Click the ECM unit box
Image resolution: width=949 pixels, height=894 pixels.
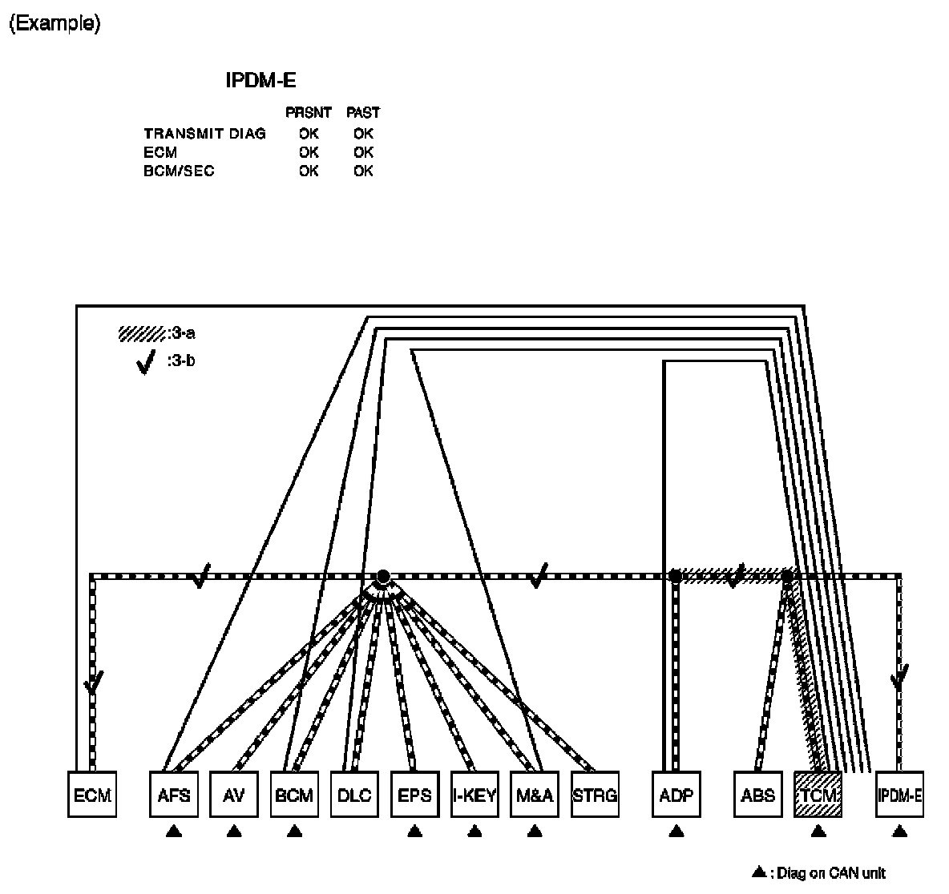[92, 795]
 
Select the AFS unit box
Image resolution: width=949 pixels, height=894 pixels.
[174, 795]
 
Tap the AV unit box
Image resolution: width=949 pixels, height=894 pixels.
[234, 795]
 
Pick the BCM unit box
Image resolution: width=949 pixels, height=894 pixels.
[294, 795]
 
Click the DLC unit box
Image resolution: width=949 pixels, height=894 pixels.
[354, 795]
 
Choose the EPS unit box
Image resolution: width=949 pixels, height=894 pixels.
[414, 795]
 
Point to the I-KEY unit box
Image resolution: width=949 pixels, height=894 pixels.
[474, 795]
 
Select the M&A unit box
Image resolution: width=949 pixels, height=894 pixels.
[535, 795]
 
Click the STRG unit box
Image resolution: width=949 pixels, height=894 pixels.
[595, 795]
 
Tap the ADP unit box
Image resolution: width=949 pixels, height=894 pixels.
[676, 795]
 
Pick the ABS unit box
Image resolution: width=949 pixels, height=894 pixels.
[758, 795]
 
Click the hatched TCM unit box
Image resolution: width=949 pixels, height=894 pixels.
[818, 795]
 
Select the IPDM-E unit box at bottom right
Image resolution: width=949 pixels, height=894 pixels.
[899, 795]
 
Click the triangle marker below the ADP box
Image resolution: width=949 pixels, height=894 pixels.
[676, 832]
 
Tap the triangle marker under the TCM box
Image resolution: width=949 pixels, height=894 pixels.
[818, 832]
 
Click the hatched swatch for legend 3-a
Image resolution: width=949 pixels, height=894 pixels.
[142, 333]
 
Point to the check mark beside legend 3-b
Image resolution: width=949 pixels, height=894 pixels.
[146, 364]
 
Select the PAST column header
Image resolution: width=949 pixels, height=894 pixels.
[363, 113]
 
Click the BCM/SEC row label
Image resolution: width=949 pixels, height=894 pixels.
[180, 171]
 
